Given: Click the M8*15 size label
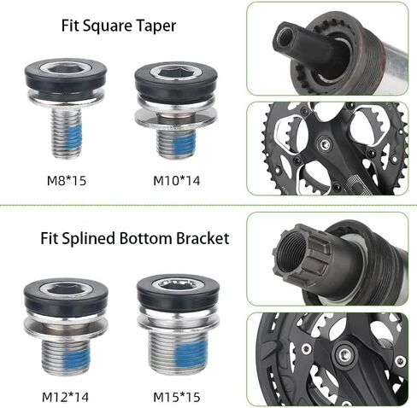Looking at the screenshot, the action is tap(67, 181).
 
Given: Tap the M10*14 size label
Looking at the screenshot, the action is tap(177, 181).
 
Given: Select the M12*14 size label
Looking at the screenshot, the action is tap(65, 397).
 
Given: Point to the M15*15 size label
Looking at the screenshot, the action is tap(177, 397).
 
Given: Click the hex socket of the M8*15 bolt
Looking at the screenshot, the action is tap(65, 69).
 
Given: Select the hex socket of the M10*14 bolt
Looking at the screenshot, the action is tap(177, 73).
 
